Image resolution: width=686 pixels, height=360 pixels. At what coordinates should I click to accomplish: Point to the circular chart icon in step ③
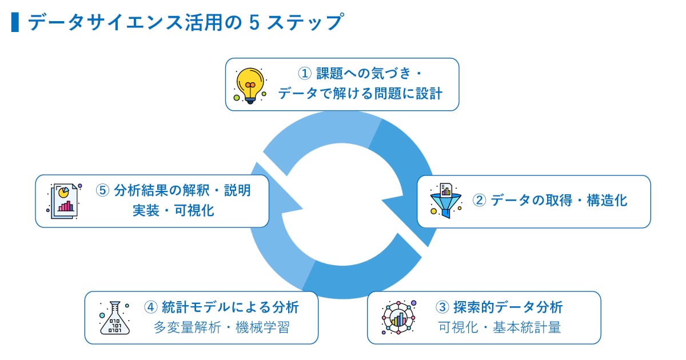coord(399,317)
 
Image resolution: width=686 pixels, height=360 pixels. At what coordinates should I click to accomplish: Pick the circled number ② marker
coord(479,201)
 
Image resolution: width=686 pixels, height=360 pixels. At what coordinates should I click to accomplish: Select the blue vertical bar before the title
coord(15,22)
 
